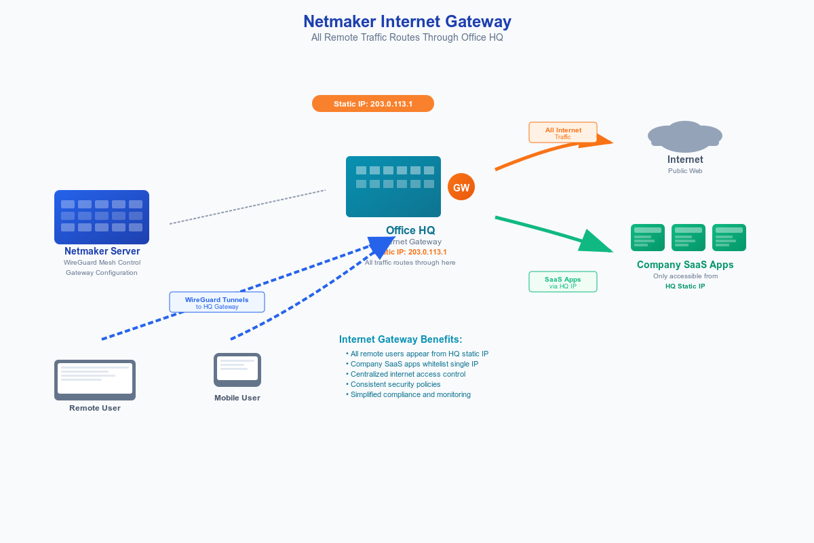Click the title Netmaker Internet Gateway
(x=407, y=22)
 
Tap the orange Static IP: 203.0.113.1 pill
(x=373, y=104)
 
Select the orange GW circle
(x=461, y=187)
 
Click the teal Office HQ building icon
(x=393, y=187)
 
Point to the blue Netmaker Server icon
(x=102, y=217)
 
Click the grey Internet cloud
(x=685, y=136)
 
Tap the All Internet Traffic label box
(x=563, y=132)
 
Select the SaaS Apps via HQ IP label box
(x=563, y=282)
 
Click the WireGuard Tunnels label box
(x=217, y=302)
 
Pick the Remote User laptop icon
(x=95, y=380)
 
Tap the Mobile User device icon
(x=237, y=370)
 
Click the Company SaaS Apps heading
(x=685, y=265)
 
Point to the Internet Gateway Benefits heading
(x=400, y=339)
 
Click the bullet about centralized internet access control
(x=407, y=374)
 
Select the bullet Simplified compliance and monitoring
(x=410, y=394)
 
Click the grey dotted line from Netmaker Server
(x=248, y=207)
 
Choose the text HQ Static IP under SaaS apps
(x=685, y=286)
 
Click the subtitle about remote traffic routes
(x=407, y=38)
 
